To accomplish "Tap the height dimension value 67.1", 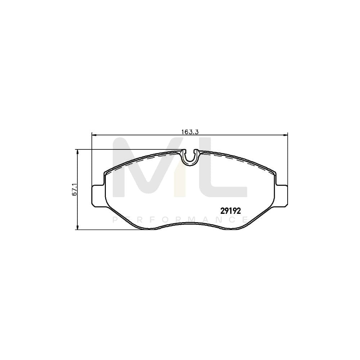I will (x=75, y=189).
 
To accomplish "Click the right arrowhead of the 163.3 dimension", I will (x=286, y=135).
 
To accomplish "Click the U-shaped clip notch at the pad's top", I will (x=190, y=157).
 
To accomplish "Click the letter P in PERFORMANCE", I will (x=115, y=220).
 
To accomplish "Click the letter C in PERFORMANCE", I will (x=232, y=220).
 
